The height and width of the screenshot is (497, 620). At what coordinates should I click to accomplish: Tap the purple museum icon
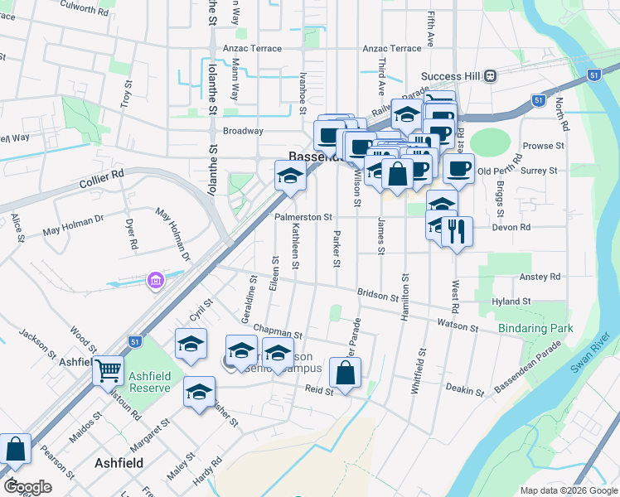click(x=155, y=282)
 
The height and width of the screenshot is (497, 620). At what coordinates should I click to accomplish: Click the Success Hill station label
click(x=451, y=76)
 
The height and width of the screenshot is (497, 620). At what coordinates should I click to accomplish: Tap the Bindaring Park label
click(x=536, y=329)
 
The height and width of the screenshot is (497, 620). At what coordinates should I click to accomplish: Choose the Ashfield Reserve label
click(x=150, y=382)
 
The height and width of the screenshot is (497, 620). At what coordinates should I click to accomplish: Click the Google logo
click(x=27, y=487)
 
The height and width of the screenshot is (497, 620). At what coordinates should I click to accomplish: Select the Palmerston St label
click(x=303, y=216)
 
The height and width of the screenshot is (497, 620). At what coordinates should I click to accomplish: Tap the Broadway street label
click(x=243, y=131)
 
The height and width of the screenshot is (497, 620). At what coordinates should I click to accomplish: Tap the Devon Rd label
click(x=511, y=227)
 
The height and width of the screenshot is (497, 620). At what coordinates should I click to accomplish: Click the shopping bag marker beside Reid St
click(x=345, y=373)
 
